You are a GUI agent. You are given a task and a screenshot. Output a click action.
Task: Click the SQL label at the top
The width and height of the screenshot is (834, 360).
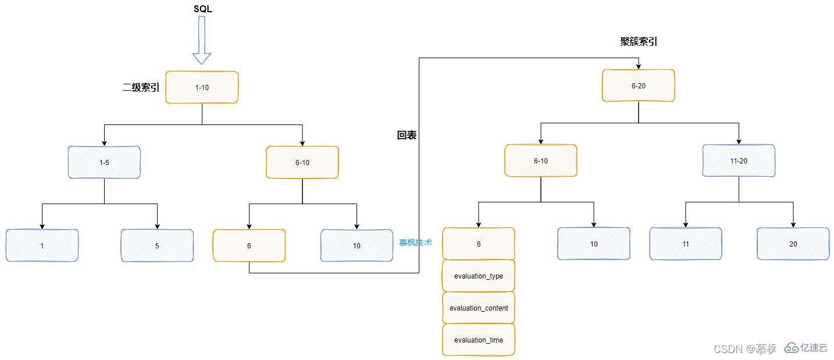202,9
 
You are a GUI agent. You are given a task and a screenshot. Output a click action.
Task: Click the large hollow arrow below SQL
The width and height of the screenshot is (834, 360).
202,40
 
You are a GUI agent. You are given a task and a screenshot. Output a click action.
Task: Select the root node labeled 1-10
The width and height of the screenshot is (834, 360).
202,87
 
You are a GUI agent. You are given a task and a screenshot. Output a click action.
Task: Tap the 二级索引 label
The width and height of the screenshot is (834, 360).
141,88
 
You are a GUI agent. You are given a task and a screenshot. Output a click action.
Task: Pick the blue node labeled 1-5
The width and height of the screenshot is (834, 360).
104,162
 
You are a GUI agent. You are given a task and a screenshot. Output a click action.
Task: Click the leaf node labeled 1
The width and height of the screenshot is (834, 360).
42,245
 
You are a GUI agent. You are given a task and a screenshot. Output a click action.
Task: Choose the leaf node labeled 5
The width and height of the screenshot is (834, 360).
157,245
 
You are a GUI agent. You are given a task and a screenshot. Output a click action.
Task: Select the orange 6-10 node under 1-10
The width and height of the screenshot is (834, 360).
302,162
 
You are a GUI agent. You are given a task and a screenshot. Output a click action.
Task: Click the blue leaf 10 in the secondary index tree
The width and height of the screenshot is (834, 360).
357,245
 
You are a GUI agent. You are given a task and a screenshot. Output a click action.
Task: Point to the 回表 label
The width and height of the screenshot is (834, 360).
407,136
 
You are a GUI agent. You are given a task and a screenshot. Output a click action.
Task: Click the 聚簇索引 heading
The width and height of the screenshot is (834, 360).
639,42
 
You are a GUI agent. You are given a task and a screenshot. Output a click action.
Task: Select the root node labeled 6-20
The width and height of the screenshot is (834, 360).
639,85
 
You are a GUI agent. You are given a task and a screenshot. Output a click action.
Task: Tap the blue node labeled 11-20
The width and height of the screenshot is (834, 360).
739,161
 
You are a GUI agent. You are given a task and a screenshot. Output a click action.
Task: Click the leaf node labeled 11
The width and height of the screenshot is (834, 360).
686,244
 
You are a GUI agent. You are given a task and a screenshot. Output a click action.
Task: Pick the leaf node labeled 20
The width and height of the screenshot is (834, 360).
793,244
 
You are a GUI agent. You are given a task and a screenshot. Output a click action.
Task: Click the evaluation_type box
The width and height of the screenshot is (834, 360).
479,276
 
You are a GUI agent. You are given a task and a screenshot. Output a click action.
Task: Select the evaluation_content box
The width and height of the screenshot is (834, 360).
479,308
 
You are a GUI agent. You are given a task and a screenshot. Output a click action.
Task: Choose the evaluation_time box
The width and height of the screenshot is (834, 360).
479,340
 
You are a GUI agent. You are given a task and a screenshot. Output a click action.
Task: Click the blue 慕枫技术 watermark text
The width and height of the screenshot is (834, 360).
415,243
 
